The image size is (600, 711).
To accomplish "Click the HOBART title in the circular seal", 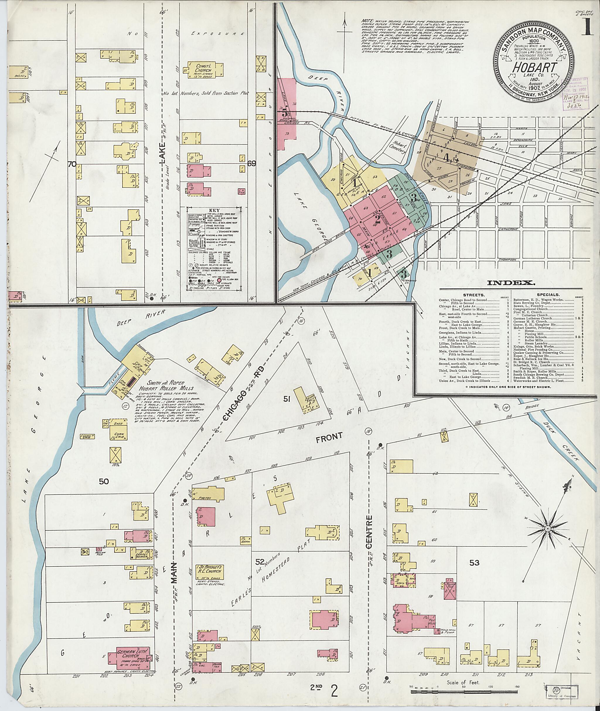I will click(535, 67).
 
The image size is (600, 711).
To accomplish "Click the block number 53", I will click(474, 563).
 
